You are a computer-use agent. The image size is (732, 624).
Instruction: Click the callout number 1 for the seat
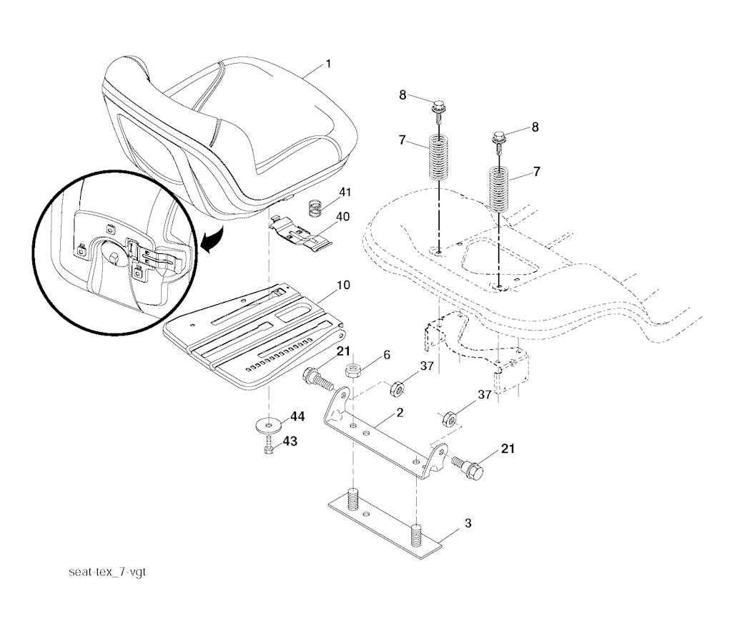[328, 64]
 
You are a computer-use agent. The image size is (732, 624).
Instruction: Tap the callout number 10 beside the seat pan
[343, 285]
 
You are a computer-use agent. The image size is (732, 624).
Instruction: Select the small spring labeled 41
[317, 210]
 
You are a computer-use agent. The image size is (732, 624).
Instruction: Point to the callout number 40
[342, 217]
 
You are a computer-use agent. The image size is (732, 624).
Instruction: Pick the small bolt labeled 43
[269, 445]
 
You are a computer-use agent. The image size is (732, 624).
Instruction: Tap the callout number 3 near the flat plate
[468, 523]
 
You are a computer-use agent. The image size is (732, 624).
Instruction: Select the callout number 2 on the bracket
[400, 413]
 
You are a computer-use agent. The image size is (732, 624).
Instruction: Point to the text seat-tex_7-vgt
[107, 572]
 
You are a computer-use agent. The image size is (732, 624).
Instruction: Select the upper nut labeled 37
[397, 387]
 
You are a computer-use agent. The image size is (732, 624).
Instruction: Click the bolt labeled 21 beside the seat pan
[318, 379]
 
